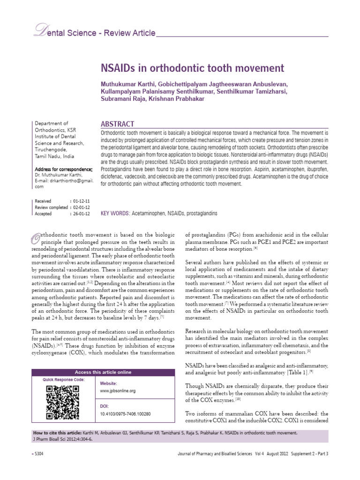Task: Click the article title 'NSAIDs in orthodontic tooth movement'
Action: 193,68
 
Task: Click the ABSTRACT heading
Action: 118,124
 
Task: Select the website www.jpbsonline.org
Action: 118,390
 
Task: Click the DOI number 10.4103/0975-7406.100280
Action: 126,414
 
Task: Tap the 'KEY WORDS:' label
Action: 115,213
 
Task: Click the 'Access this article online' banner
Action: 104,372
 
